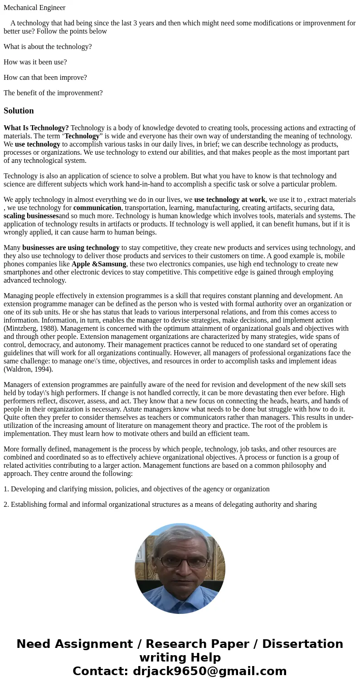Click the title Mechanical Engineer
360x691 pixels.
[34, 8]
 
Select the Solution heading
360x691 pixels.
[19, 111]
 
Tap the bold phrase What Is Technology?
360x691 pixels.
[36, 128]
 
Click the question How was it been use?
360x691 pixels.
[35, 62]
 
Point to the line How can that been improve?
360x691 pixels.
[45, 78]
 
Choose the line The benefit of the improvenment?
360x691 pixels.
[53, 93]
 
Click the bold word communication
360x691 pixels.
[97, 208]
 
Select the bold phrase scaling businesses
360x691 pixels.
[31, 216]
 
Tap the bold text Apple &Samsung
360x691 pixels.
[99, 264]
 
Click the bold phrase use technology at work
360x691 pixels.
[229, 200]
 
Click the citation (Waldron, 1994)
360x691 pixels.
[28, 369]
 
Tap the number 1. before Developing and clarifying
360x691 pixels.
[6, 489]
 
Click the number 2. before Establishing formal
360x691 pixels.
[6, 505]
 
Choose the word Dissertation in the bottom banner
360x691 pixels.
[302, 644]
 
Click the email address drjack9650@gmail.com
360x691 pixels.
[209, 671]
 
